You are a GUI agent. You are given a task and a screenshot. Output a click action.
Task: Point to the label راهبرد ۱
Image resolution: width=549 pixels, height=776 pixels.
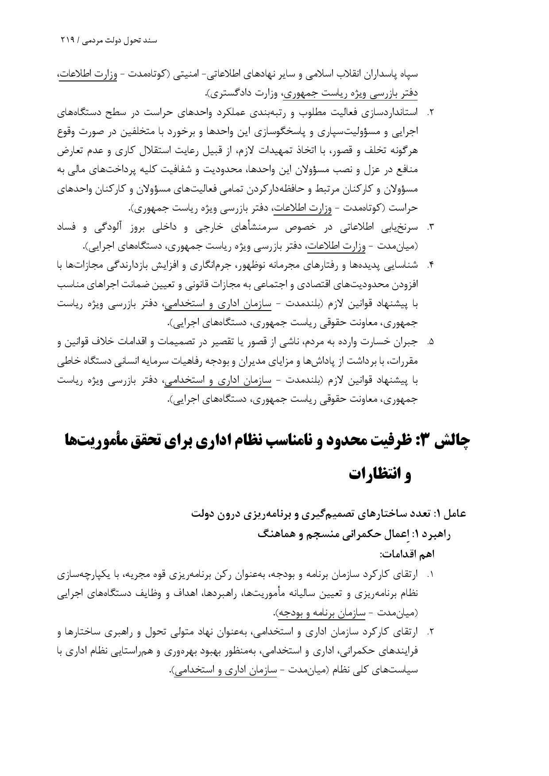click(434, 534)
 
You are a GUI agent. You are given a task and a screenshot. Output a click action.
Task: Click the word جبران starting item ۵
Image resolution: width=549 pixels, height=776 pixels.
click(406, 342)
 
